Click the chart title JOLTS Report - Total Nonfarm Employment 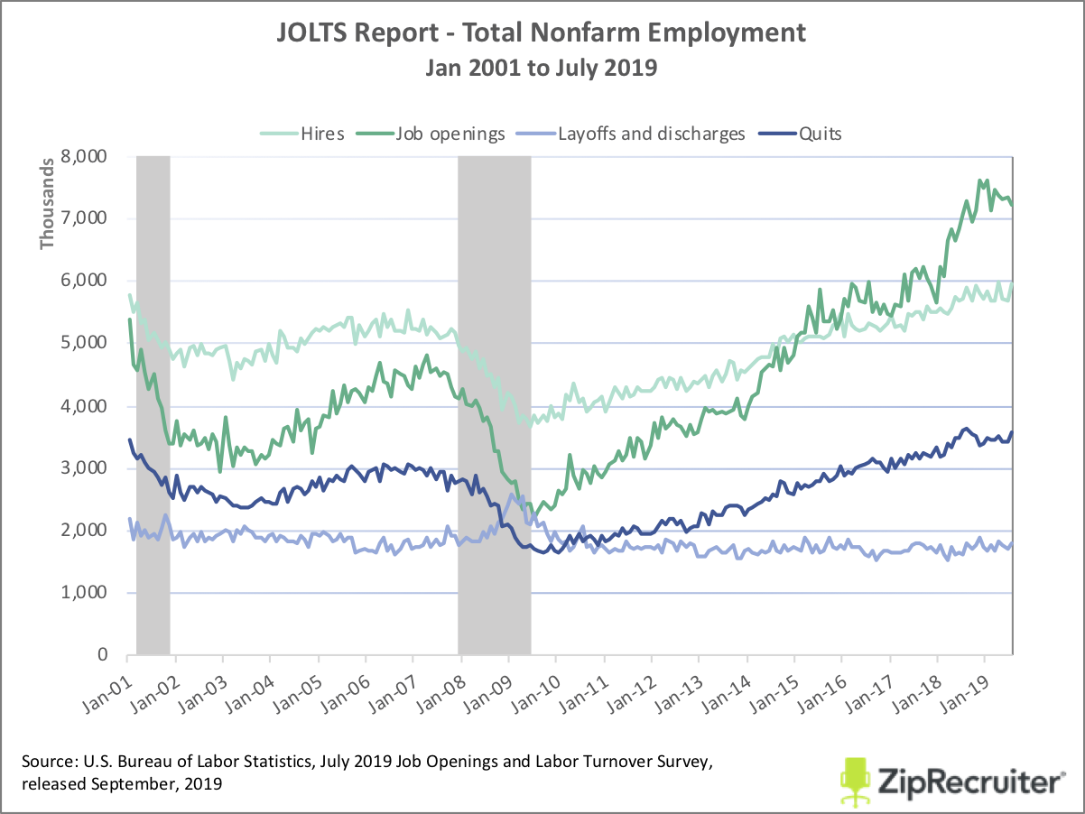click(541, 34)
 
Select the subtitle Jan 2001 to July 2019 click(541, 69)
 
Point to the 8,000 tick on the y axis click(88, 156)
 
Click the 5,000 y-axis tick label click(88, 344)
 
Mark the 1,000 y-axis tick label click(88, 593)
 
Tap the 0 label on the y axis click(103, 655)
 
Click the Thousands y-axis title click(47, 210)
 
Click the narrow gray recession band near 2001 click(153, 406)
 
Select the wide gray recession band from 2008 click(494, 406)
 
